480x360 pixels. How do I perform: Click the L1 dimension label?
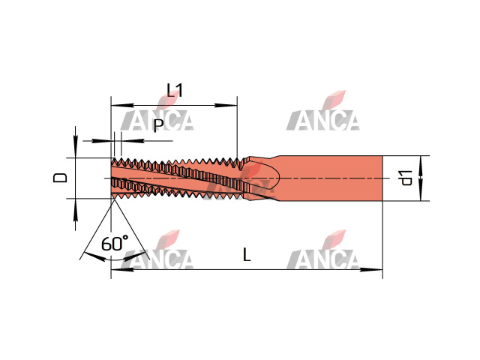coord(175,90)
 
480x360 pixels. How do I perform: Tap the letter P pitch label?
coord(158,125)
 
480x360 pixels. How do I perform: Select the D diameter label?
coord(60,178)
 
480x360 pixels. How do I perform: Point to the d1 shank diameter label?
coord(406,178)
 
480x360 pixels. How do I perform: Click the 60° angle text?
coord(115,243)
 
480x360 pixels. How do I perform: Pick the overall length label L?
coord(247,254)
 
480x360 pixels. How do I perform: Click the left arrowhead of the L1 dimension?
coord(122,105)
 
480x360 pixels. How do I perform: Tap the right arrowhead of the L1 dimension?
coord(226,105)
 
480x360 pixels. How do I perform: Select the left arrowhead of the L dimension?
coord(122,270)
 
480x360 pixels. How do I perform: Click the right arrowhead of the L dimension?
coord(371,270)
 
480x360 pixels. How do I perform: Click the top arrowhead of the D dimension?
coord(76,147)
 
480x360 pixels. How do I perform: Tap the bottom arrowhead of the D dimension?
coord(76,210)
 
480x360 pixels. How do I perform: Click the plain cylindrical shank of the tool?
coord(331,178)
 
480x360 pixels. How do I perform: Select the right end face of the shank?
coord(382,178)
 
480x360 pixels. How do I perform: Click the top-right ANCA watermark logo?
coord(323,111)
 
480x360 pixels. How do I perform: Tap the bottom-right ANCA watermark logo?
coord(323,250)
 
